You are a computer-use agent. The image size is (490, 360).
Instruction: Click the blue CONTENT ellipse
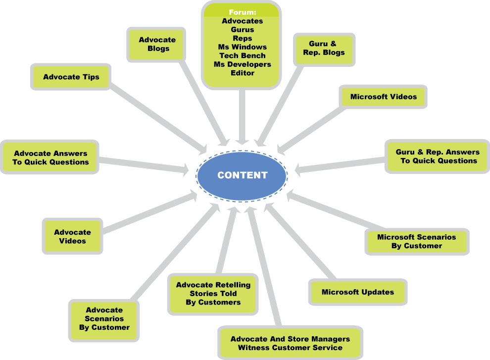(x=242, y=176)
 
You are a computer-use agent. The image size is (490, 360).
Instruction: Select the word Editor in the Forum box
(x=243, y=73)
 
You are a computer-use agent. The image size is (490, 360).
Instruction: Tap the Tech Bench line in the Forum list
(x=243, y=55)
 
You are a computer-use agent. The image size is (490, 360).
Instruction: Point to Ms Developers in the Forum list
(x=243, y=64)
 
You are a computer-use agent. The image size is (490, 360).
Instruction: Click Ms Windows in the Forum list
(x=243, y=47)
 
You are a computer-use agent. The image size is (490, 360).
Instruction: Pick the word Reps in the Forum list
(x=243, y=38)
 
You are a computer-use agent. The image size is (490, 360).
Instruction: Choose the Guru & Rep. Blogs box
(x=324, y=48)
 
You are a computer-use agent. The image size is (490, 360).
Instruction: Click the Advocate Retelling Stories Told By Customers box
(x=213, y=294)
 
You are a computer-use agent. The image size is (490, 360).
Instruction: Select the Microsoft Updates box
(x=358, y=292)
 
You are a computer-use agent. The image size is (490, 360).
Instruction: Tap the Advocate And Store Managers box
(x=290, y=343)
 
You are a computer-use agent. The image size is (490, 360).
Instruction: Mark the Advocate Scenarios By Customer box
(x=104, y=319)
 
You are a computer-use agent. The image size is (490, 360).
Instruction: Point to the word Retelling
(x=232, y=285)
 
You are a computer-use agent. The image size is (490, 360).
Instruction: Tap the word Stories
(x=203, y=294)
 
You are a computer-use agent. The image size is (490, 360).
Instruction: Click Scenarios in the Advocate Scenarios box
(x=104, y=319)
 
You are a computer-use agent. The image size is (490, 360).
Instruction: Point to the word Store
(x=301, y=339)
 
